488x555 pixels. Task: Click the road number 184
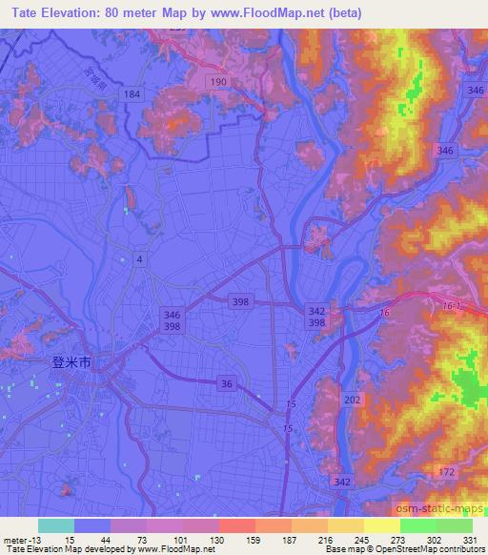pos(132,95)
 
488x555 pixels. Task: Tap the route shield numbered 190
pos(218,83)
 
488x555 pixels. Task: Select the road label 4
pos(141,258)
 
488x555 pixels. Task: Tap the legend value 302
pos(434,539)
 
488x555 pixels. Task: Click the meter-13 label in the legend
pos(20,539)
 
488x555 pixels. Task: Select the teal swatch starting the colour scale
pos(56,525)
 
